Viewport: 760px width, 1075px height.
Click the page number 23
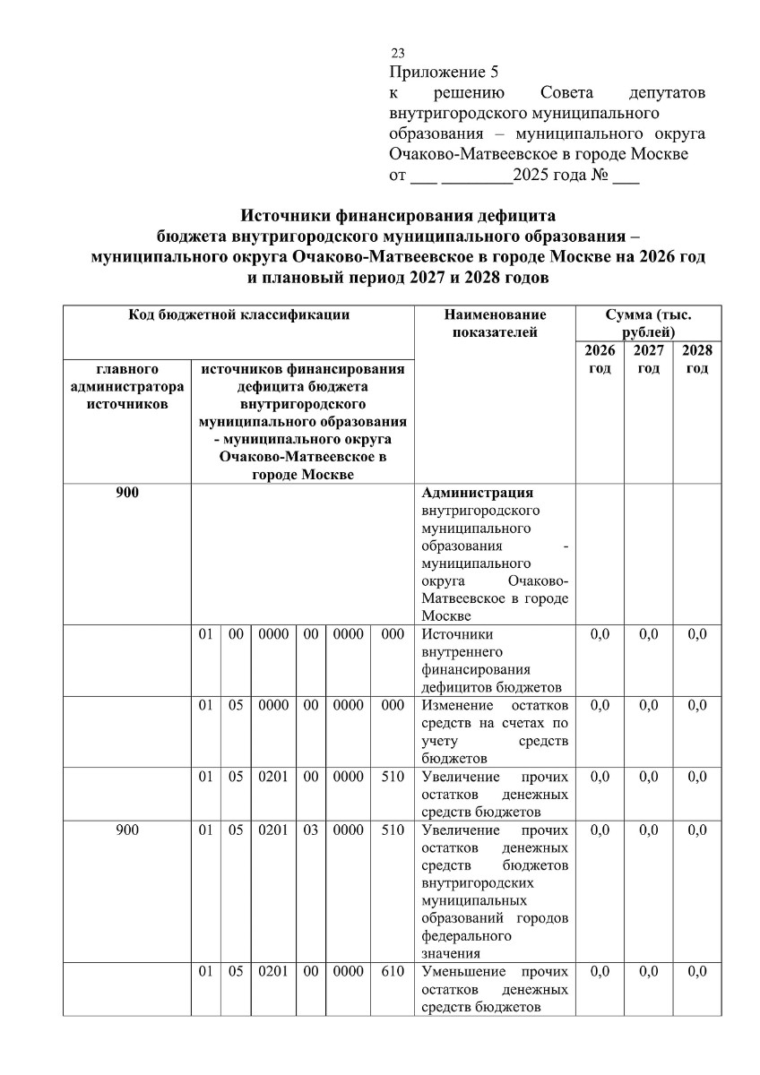click(x=398, y=54)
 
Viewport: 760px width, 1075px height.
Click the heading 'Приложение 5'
click(x=443, y=73)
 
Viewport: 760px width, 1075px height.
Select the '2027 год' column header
click(x=648, y=360)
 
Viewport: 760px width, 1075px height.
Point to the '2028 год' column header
click(x=696, y=360)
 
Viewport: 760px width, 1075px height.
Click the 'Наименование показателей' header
click(x=495, y=324)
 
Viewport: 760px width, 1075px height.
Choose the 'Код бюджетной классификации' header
click(x=237, y=315)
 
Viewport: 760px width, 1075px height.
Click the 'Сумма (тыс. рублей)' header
click(x=648, y=323)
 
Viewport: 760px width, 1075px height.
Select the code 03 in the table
click(x=310, y=830)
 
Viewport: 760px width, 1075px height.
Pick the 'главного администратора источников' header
click(x=126, y=386)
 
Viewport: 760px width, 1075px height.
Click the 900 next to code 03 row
click(x=127, y=830)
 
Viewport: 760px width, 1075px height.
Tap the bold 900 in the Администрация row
click(x=127, y=494)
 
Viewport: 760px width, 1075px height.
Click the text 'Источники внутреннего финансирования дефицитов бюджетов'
click(x=491, y=660)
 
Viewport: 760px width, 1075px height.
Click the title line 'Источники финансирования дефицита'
click(x=398, y=216)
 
